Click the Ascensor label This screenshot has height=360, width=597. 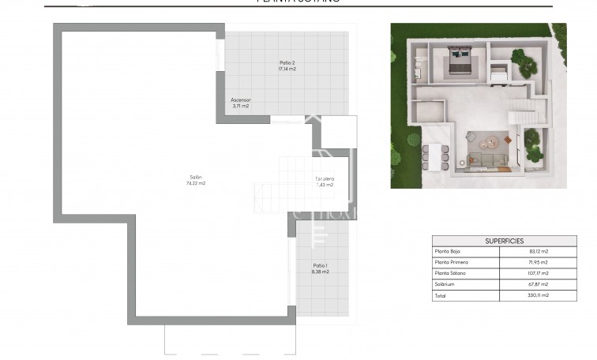(x=241, y=100)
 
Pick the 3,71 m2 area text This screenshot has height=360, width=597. (x=241, y=107)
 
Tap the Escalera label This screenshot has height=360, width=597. (x=325, y=179)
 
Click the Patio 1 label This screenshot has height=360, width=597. (x=320, y=265)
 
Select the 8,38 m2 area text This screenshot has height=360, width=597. (x=320, y=272)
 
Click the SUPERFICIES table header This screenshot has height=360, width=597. (x=503, y=241)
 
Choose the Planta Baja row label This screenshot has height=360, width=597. (x=448, y=252)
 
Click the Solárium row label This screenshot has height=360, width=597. (x=445, y=284)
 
